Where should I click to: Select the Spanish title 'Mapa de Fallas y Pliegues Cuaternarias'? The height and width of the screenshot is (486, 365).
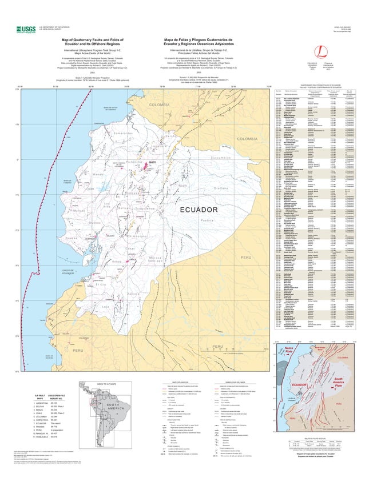(197, 41)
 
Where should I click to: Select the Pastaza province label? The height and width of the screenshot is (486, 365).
(207, 236)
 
